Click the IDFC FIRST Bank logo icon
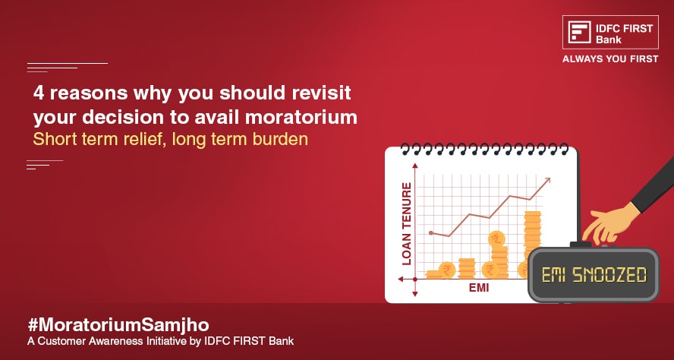579,32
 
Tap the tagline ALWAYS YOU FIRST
610,59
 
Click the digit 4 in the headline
39,93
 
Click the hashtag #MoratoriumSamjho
118,325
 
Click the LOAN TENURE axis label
406,223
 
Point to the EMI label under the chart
479,287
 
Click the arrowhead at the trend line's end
546,182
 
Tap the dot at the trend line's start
431,233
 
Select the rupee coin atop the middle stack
497,238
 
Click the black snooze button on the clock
581,245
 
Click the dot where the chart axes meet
415,279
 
